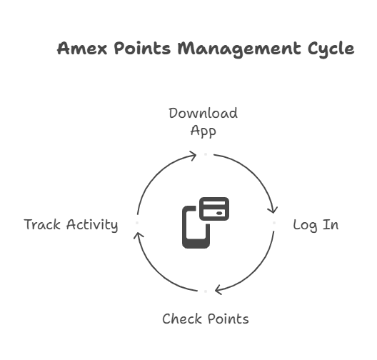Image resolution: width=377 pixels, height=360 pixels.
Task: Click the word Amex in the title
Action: point(82,49)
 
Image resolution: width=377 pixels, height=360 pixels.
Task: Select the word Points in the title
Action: point(142,48)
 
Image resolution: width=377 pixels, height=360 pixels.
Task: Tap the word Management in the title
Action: point(239,49)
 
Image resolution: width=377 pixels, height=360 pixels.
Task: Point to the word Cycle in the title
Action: point(331,50)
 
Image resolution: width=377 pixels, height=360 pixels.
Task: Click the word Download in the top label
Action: point(203,113)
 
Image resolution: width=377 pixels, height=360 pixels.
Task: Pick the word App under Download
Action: point(203,131)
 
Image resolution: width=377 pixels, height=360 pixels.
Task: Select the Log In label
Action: point(316,225)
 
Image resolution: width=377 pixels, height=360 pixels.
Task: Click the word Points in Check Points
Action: point(228,319)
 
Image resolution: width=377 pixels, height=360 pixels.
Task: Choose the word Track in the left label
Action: point(42,224)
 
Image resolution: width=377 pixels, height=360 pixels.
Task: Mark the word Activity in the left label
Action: point(92,225)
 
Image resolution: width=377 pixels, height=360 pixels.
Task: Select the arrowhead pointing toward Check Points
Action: point(218,289)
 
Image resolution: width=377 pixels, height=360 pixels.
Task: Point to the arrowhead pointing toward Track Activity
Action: point(139,236)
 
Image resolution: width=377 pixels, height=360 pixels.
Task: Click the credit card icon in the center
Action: point(214,209)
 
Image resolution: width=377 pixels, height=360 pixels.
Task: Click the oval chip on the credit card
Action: point(219,213)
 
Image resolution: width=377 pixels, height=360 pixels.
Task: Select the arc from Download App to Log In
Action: point(253,174)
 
